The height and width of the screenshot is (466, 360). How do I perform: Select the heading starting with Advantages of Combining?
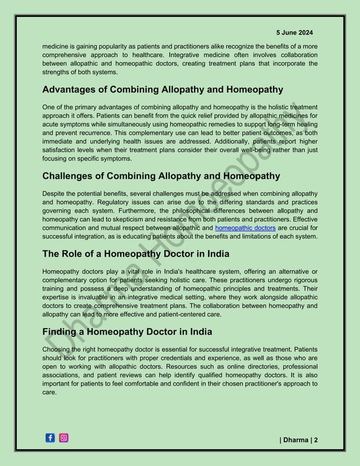(x=163, y=90)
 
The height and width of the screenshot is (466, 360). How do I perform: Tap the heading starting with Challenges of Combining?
(x=161, y=176)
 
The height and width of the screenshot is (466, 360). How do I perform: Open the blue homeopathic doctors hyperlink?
(x=245, y=228)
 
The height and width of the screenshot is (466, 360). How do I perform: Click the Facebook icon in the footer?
(x=50, y=438)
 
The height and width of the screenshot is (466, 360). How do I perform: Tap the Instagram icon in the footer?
(x=64, y=438)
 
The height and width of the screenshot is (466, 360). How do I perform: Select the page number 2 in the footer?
(x=315, y=439)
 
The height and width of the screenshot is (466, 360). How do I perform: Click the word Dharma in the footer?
(x=296, y=439)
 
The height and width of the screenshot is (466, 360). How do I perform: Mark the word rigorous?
(x=304, y=280)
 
